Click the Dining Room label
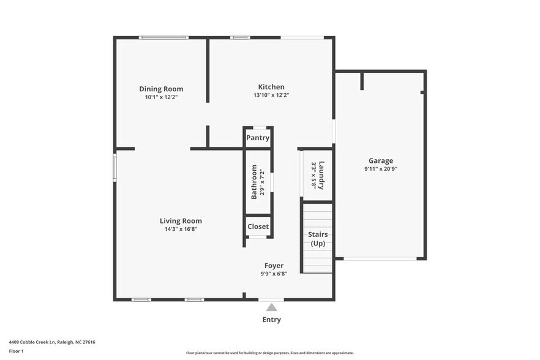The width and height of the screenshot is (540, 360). (x=161, y=89)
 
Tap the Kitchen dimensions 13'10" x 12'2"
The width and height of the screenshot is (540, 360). (x=271, y=96)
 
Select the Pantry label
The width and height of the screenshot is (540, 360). (x=258, y=138)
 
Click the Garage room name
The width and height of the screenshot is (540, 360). (x=380, y=161)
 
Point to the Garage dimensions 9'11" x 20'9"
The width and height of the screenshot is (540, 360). (x=380, y=169)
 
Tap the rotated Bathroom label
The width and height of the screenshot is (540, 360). (x=253, y=182)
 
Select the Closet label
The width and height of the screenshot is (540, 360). (x=258, y=227)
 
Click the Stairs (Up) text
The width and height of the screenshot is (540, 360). (x=318, y=239)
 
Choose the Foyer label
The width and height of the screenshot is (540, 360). (x=274, y=266)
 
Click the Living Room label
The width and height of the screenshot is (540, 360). (x=181, y=221)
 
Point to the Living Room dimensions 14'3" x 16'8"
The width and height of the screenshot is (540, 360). (x=181, y=229)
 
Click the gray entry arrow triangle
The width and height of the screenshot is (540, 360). (x=271, y=307)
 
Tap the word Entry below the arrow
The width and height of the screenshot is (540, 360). (x=271, y=320)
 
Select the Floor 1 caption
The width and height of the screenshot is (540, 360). (x=16, y=351)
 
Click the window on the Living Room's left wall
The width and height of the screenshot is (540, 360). (x=114, y=167)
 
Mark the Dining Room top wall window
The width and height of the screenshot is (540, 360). (x=163, y=38)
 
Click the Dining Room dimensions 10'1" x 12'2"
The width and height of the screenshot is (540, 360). (x=161, y=97)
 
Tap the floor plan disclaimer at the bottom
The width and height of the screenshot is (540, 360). (x=269, y=353)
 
